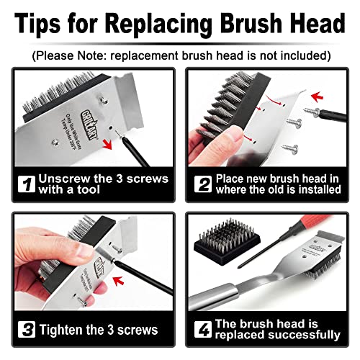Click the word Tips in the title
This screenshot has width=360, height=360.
pos(43,24)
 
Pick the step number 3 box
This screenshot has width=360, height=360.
pos(26,330)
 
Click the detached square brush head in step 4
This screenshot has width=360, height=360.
pos(227,248)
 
